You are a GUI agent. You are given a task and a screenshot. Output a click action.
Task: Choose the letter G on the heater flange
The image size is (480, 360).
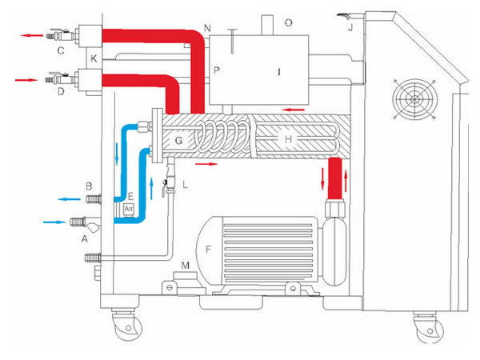[x=178, y=141]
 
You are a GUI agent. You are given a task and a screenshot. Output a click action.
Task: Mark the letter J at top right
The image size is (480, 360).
[x=350, y=26]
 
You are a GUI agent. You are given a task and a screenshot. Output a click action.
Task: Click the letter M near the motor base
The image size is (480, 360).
[x=186, y=265]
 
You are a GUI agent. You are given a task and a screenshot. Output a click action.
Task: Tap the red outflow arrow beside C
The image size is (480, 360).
[x=32, y=35]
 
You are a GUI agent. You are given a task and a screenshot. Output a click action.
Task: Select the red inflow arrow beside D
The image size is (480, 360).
[x=26, y=80]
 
